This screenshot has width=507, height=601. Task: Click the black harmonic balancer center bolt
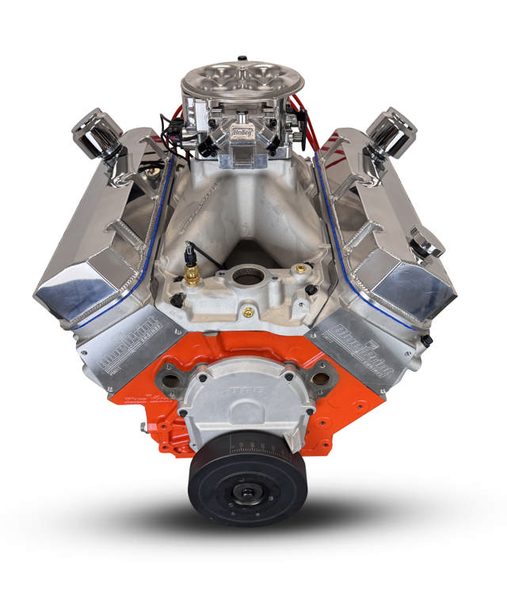coord(248,496)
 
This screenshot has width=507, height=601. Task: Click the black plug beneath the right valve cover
coord(426,341)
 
